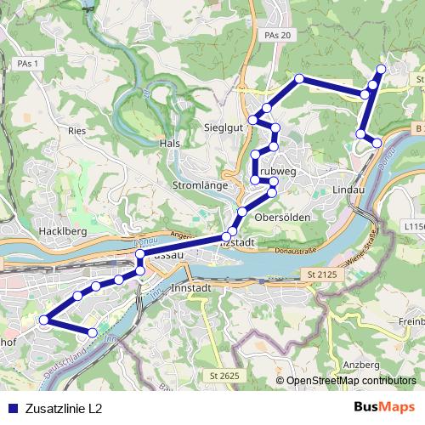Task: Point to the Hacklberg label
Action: pyautogui.click(x=59, y=230)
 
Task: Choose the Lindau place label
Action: pyautogui.click(x=348, y=189)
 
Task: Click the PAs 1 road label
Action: pyautogui.click(x=28, y=64)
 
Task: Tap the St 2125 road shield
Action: pyautogui.click(x=314, y=275)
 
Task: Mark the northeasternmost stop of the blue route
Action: pyautogui.click(x=381, y=68)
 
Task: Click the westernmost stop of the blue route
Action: pyautogui.click(x=44, y=320)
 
